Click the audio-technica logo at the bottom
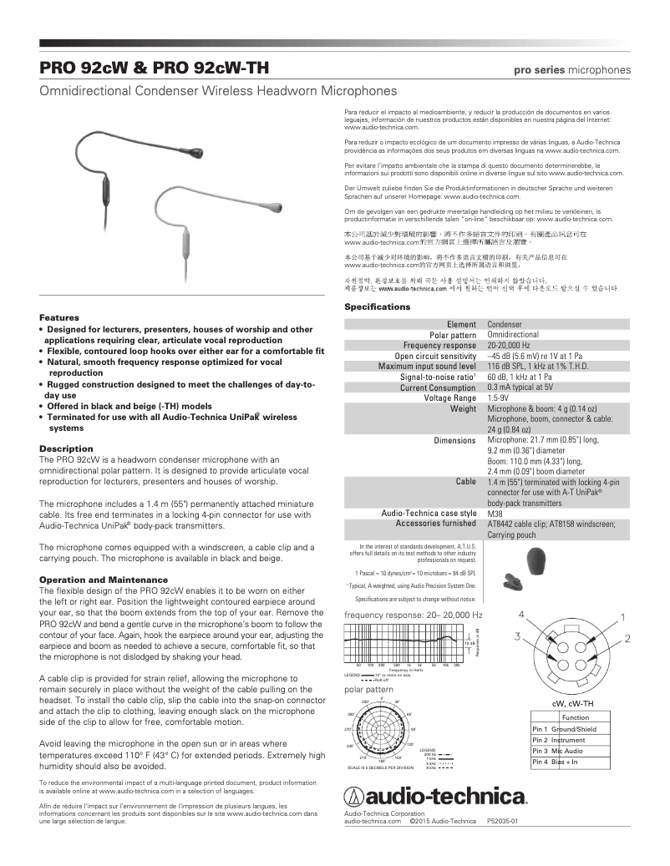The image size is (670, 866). (435, 793)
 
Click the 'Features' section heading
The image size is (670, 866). (59, 318)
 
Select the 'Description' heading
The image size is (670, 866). (66, 448)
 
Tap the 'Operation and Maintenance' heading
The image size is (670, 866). (104, 580)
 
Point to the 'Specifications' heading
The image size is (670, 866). (378, 307)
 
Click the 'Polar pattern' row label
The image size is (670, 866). (452, 335)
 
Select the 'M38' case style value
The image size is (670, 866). (495, 513)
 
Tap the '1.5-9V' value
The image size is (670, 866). (500, 398)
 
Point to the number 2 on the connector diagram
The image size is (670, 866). (627, 638)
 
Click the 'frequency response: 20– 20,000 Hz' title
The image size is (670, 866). (414, 615)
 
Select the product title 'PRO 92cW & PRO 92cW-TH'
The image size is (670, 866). (154, 68)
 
